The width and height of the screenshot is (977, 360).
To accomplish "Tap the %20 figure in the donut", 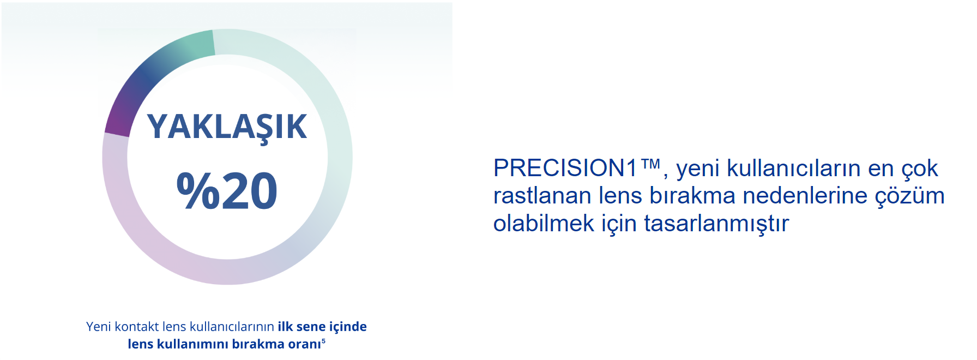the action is [x=227, y=190].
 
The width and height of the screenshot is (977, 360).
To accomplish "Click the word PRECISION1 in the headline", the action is [x=565, y=168].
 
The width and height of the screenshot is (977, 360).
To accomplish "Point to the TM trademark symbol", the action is [x=650, y=164].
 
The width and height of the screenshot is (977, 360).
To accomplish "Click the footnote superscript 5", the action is [x=323, y=341].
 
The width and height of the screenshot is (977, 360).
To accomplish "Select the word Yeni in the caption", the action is [x=99, y=326].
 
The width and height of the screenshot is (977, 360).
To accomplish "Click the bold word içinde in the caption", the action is [x=348, y=327].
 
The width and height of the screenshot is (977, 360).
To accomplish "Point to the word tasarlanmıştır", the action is [x=716, y=224].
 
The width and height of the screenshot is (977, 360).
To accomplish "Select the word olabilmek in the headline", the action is [x=544, y=224].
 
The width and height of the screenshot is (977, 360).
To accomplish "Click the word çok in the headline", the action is [x=920, y=169].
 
